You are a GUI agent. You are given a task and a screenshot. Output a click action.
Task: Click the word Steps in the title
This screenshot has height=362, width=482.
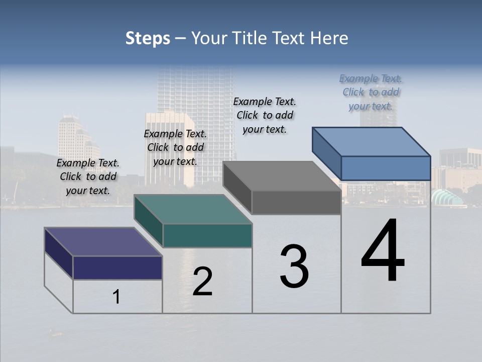[x=148, y=38]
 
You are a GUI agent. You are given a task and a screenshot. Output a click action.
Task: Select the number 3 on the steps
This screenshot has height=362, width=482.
[x=294, y=266]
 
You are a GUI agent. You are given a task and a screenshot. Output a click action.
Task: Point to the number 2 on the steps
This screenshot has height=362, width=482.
[x=202, y=282]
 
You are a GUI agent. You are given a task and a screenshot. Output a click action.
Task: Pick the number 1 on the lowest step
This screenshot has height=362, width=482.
[x=116, y=297]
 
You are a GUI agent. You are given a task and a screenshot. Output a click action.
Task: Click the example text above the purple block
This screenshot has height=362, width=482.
[x=88, y=176]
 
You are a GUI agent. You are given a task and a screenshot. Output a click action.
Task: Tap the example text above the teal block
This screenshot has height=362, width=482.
[x=175, y=147]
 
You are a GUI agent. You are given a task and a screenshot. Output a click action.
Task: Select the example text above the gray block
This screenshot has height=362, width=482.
[x=265, y=115]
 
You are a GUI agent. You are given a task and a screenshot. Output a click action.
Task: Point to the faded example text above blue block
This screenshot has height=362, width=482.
[x=371, y=92]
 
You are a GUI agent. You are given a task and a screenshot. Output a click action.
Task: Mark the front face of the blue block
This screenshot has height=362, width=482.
[x=386, y=168]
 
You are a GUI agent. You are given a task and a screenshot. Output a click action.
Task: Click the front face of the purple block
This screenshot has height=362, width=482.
[x=117, y=267]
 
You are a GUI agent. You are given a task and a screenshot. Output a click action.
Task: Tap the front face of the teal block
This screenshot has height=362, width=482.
[x=207, y=235]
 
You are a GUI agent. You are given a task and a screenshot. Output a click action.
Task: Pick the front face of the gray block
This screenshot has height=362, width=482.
[x=296, y=203]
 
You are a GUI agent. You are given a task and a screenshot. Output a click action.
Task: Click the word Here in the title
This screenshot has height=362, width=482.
[x=330, y=38]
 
